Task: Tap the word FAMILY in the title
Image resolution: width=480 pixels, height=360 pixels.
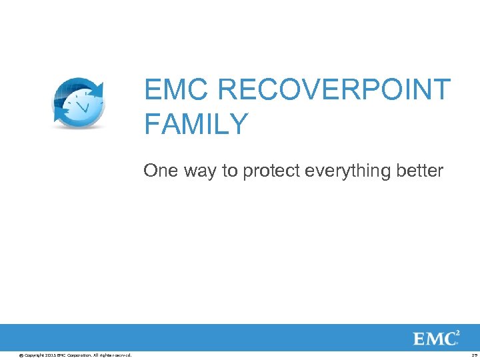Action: [x=196, y=125]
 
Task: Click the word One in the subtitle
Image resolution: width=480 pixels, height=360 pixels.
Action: [x=159, y=171]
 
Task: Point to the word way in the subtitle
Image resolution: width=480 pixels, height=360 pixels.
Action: [x=199, y=171]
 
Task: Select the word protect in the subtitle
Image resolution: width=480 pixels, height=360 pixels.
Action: [x=269, y=171]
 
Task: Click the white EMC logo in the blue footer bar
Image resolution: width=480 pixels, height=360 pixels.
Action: [x=435, y=338]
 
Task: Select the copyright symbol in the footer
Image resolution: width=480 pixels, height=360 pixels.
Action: [x=21, y=354]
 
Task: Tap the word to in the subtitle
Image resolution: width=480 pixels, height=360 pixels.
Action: [x=230, y=171]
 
